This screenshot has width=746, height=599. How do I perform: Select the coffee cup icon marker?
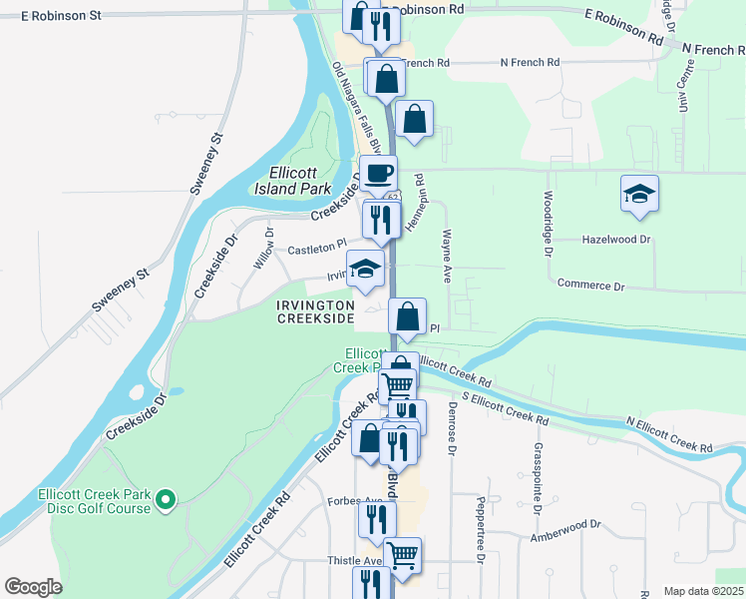pos(378,173)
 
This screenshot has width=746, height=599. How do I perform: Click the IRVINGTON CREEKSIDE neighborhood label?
pos(315,310)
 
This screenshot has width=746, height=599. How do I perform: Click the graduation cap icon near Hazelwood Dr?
pos(639,194)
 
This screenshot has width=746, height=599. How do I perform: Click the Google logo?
pos(33,587)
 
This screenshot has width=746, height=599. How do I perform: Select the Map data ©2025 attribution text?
pos(702,591)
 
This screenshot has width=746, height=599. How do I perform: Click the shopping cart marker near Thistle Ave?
pos(402,555)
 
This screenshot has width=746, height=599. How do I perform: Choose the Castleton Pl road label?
pos(316,248)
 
